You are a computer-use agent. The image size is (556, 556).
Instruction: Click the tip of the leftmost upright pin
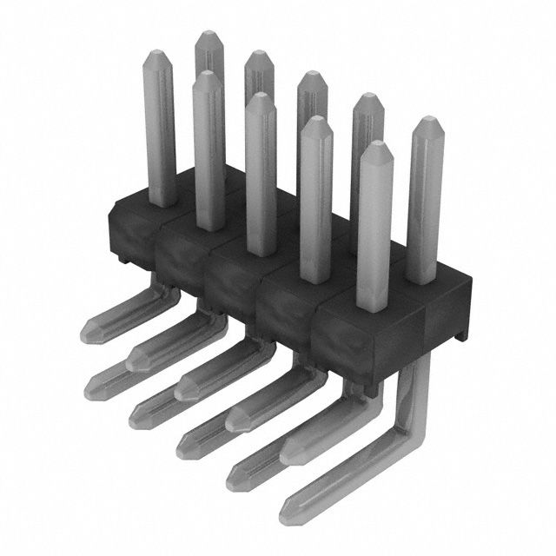tap(156, 55)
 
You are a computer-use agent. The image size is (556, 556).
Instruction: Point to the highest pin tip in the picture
tap(208, 35)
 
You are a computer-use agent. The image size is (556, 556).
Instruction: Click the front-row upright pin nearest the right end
tap(375, 226)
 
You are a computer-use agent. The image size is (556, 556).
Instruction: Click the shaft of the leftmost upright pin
tap(158, 130)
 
